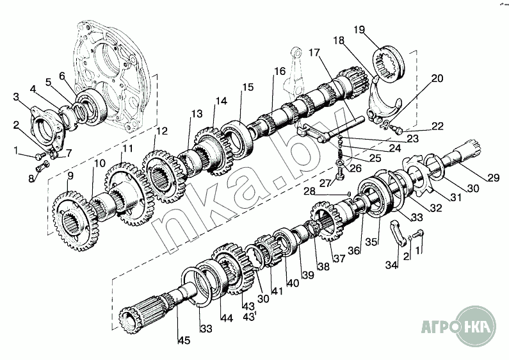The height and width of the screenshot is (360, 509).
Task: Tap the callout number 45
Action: click(184, 340)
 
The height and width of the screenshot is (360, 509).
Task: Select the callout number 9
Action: click(70, 174)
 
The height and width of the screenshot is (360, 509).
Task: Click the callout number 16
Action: click(280, 72)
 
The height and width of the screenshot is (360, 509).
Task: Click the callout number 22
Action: click(437, 126)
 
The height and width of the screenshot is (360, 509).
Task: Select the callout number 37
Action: click(339, 258)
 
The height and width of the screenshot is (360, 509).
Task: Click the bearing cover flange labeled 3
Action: click(49, 124)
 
